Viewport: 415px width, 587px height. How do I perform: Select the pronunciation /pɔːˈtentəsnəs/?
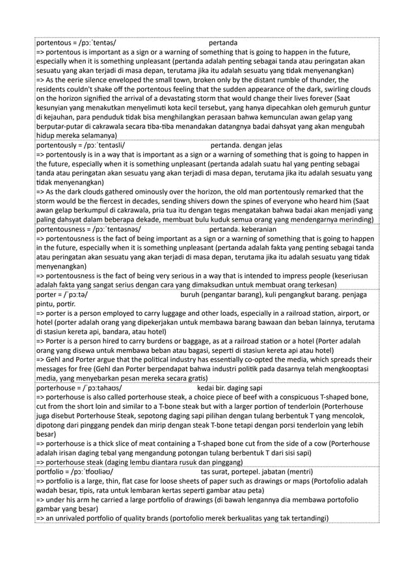108,229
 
